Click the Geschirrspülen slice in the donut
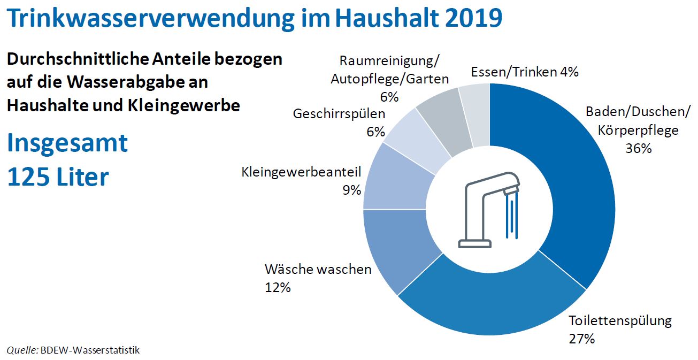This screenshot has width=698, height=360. click(417, 136)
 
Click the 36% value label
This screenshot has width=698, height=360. click(638, 148)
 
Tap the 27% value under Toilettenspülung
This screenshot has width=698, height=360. click(581, 339)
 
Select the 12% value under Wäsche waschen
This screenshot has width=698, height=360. click(278, 287)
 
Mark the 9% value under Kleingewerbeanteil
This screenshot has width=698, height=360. click(351, 190)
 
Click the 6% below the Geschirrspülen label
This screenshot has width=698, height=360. click(375, 132)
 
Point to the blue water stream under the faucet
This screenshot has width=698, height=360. click(511, 217)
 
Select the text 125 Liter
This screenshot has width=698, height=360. click(58, 177)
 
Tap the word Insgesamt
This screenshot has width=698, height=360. click(67, 143)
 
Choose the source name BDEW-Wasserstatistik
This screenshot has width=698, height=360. click(90, 350)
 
